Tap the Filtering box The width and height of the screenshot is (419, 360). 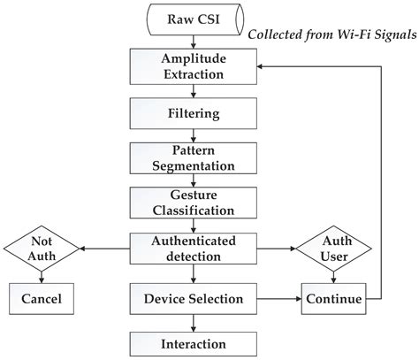click(181, 112)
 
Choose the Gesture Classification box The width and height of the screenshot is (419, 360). click(181, 203)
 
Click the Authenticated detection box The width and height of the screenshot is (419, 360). click(181, 249)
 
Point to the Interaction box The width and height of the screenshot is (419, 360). click(181, 343)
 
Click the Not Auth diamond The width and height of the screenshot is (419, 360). click(42, 249)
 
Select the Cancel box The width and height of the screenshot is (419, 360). click(42, 299)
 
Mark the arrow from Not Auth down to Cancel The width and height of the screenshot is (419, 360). click(42, 275)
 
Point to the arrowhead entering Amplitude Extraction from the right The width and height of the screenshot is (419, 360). click(240, 66)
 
